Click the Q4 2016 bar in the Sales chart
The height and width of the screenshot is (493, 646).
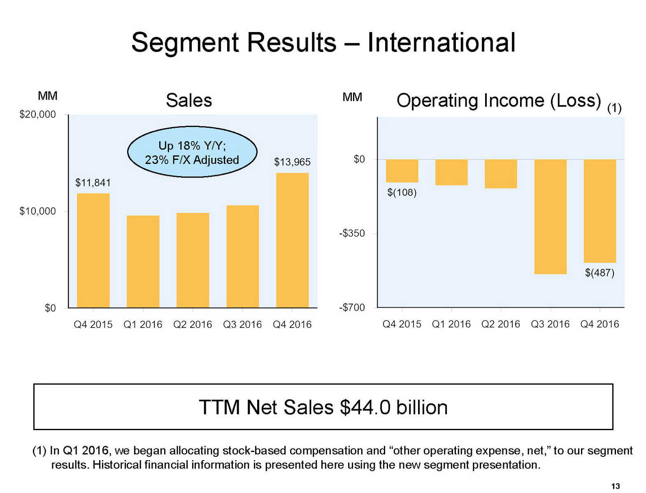[x=292, y=240]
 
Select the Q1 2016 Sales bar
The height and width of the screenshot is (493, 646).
[x=143, y=261]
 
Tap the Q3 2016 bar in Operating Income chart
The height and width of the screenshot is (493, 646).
[x=550, y=217]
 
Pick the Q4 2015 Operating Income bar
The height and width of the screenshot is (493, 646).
[x=402, y=171]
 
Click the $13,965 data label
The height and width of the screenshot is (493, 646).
[x=292, y=162]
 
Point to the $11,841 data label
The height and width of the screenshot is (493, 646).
[x=93, y=183]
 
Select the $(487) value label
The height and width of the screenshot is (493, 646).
[x=600, y=273]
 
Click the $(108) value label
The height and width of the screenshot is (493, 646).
[x=402, y=192]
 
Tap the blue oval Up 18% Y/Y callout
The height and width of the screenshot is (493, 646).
[x=192, y=152]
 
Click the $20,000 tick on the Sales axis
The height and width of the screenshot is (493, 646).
[x=38, y=115]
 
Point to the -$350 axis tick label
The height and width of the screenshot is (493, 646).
[x=352, y=233]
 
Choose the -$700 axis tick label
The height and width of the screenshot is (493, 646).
[x=352, y=308]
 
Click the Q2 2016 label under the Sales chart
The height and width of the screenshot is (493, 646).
[x=193, y=325]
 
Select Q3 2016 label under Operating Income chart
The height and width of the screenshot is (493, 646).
[x=550, y=324]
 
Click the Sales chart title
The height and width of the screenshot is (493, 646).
[x=189, y=101]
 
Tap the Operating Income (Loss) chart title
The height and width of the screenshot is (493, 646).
[x=499, y=101]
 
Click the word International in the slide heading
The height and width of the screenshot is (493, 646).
[x=441, y=42]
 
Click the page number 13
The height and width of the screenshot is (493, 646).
[x=615, y=486]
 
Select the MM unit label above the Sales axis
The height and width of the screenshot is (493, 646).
[x=48, y=96]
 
